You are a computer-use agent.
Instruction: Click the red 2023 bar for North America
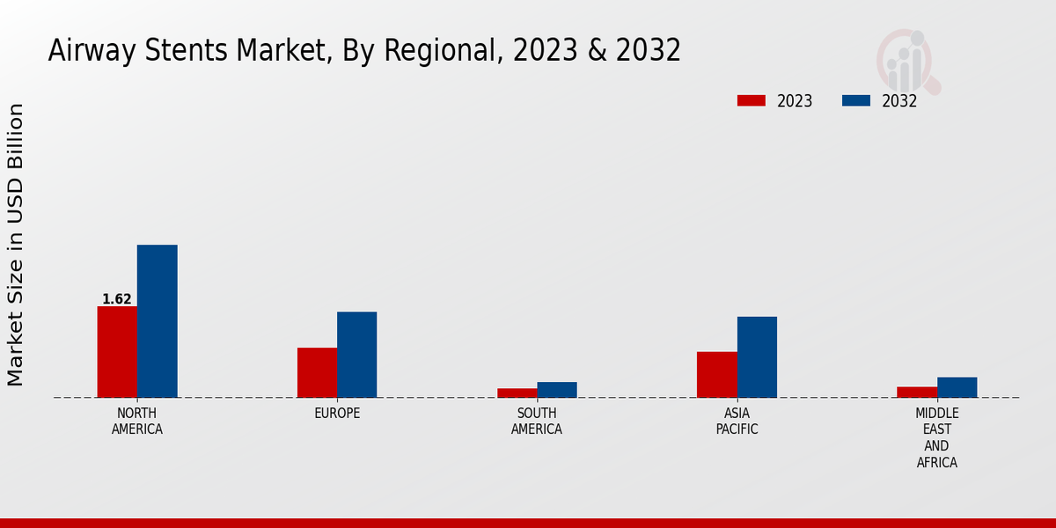click(117, 352)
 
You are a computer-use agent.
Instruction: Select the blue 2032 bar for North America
click(157, 321)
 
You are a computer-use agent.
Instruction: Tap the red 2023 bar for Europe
click(317, 372)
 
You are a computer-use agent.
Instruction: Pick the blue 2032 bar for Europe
click(356, 355)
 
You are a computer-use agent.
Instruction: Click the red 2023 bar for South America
click(517, 392)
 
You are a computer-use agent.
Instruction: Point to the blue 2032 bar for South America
click(557, 390)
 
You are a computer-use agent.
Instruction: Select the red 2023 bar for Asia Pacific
click(717, 375)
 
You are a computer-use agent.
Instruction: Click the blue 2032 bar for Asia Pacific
click(757, 357)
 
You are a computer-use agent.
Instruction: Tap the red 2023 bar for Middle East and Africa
click(917, 392)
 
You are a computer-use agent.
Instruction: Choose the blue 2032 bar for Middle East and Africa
click(957, 387)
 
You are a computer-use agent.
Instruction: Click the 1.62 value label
click(117, 299)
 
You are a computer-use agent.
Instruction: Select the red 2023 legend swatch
click(751, 100)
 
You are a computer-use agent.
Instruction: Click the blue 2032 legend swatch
click(855, 100)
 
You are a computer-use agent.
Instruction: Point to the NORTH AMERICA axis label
click(137, 422)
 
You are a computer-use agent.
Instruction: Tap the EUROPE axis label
click(337, 414)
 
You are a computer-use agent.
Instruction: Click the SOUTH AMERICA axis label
click(537, 422)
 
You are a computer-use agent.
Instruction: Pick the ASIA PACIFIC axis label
click(737, 422)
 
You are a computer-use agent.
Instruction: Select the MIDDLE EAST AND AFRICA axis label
click(937, 437)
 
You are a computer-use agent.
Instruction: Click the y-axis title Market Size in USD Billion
click(16, 245)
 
